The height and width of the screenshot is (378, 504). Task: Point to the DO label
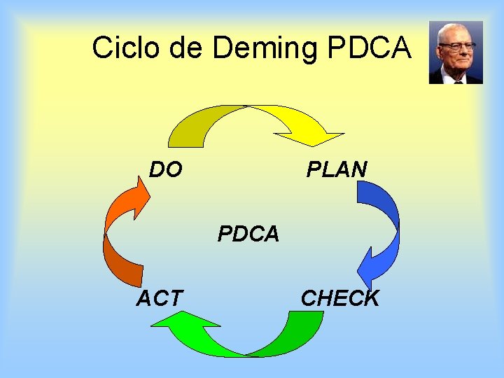pos(166,169)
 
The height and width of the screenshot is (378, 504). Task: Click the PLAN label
pos(337,169)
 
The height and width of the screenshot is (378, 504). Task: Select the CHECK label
pos(339,298)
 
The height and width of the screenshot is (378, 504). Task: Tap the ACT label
pos(159,298)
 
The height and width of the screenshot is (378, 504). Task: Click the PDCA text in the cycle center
pos(248,234)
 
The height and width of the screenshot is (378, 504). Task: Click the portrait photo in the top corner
pos(456,52)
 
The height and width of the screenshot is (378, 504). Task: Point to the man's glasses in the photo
pos(456,46)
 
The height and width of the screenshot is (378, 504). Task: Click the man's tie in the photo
pos(458,79)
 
